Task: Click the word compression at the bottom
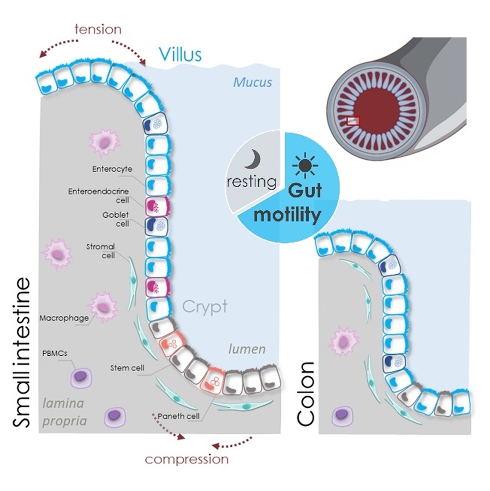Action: (x=187, y=459)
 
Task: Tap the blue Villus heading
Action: (x=180, y=54)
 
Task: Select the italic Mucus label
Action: (x=252, y=82)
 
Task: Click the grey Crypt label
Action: (x=205, y=307)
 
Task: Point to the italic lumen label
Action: (x=246, y=349)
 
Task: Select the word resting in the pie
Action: (x=252, y=182)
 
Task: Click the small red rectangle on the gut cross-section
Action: (x=353, y=121)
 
